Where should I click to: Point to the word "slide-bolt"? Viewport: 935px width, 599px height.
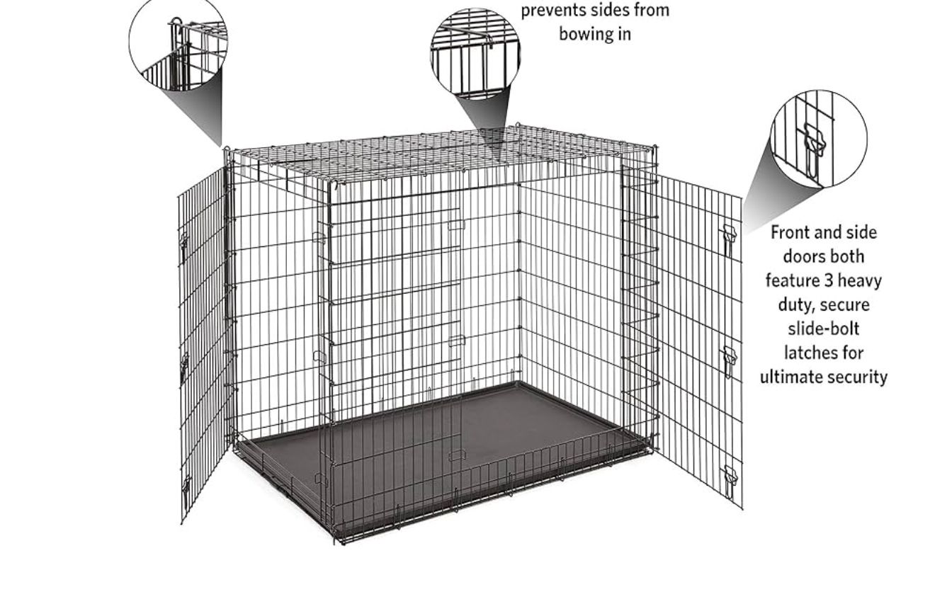tap(824, 329)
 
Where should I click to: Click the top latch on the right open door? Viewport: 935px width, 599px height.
tap(728, 239)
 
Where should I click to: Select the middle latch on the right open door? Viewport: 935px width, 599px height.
tap(729, 361)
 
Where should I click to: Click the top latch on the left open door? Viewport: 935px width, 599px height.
tap(183, 247)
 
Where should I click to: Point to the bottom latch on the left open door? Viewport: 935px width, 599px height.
tap(186, 490)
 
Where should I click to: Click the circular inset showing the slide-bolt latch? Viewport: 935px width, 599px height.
tap(819, 139)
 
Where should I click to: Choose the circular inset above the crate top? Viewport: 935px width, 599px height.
tap(475, 53)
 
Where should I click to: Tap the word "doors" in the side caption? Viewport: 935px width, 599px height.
tap(824, 256)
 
